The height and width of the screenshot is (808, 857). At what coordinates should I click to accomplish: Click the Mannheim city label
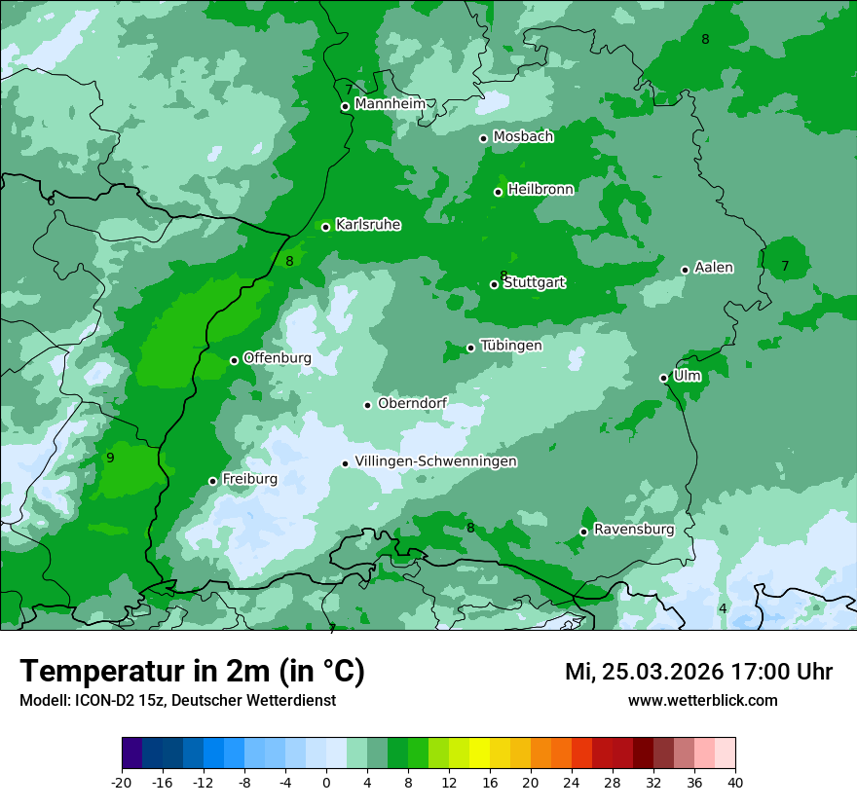click(390, 104)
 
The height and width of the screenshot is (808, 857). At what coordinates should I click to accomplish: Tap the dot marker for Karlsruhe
click(326, 228)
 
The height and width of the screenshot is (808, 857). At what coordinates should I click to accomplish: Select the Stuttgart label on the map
click(534, 283)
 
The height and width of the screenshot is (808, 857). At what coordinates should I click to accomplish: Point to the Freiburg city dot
click(213, 481)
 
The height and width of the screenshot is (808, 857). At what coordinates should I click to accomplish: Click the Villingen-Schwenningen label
click(435, 461)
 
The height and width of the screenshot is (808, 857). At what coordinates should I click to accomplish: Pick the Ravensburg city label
click(634, 530)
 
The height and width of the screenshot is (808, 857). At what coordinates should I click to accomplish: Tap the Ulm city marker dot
click(664, 378)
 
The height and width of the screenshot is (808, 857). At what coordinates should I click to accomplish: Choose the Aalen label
click(714, 268)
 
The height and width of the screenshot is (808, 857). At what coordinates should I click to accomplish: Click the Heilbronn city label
click(540, 190)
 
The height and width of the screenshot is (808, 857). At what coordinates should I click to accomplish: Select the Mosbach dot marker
click(484, 138)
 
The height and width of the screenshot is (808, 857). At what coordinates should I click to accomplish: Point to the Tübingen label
click(511, 346)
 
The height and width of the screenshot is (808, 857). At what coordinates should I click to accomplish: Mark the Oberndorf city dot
click(368, 405)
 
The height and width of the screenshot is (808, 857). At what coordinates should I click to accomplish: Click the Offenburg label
click(278, 358)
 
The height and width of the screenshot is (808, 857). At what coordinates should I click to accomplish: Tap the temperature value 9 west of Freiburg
click(110, 458)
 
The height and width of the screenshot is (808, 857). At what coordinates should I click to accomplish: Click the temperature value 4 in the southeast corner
click(723, 608)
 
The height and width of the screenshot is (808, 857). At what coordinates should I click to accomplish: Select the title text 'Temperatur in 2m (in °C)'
click(192, 672)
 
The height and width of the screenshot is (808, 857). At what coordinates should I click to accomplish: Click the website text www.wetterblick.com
click(702, 700)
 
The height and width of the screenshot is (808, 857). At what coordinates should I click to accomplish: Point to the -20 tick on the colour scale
click(122, 782)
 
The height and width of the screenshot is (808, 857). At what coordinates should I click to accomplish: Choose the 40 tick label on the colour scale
click(735, 782)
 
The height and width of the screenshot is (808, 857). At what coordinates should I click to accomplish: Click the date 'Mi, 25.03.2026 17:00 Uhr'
click(698, 672)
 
